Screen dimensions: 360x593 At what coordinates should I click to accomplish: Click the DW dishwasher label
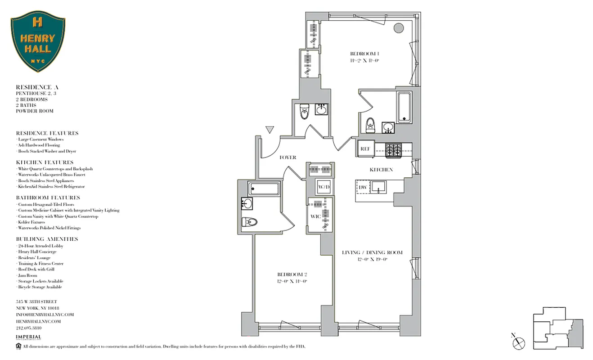click(362, 187)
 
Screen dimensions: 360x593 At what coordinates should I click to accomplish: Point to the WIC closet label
click(315, 216)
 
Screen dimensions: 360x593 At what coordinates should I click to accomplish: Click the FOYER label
click(288, 157)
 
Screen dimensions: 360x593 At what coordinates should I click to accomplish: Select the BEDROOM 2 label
click(292, 274)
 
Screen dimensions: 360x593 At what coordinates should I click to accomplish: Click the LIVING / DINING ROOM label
click(372, 252)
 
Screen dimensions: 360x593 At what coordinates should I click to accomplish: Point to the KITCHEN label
click(381, 170)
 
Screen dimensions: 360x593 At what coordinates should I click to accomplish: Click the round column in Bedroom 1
click(398, 28)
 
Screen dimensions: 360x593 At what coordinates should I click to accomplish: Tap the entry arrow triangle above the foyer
click(270, 130)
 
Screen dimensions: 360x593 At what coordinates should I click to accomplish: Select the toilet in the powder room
click(304, 112)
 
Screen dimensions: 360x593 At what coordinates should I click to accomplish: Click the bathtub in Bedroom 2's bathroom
click(264, 189)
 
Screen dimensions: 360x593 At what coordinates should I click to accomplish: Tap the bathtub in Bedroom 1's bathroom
click(404, 107)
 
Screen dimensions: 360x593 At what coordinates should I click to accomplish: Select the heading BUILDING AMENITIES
click(47, 239)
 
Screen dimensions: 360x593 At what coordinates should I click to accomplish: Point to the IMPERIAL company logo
click(28, 337)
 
